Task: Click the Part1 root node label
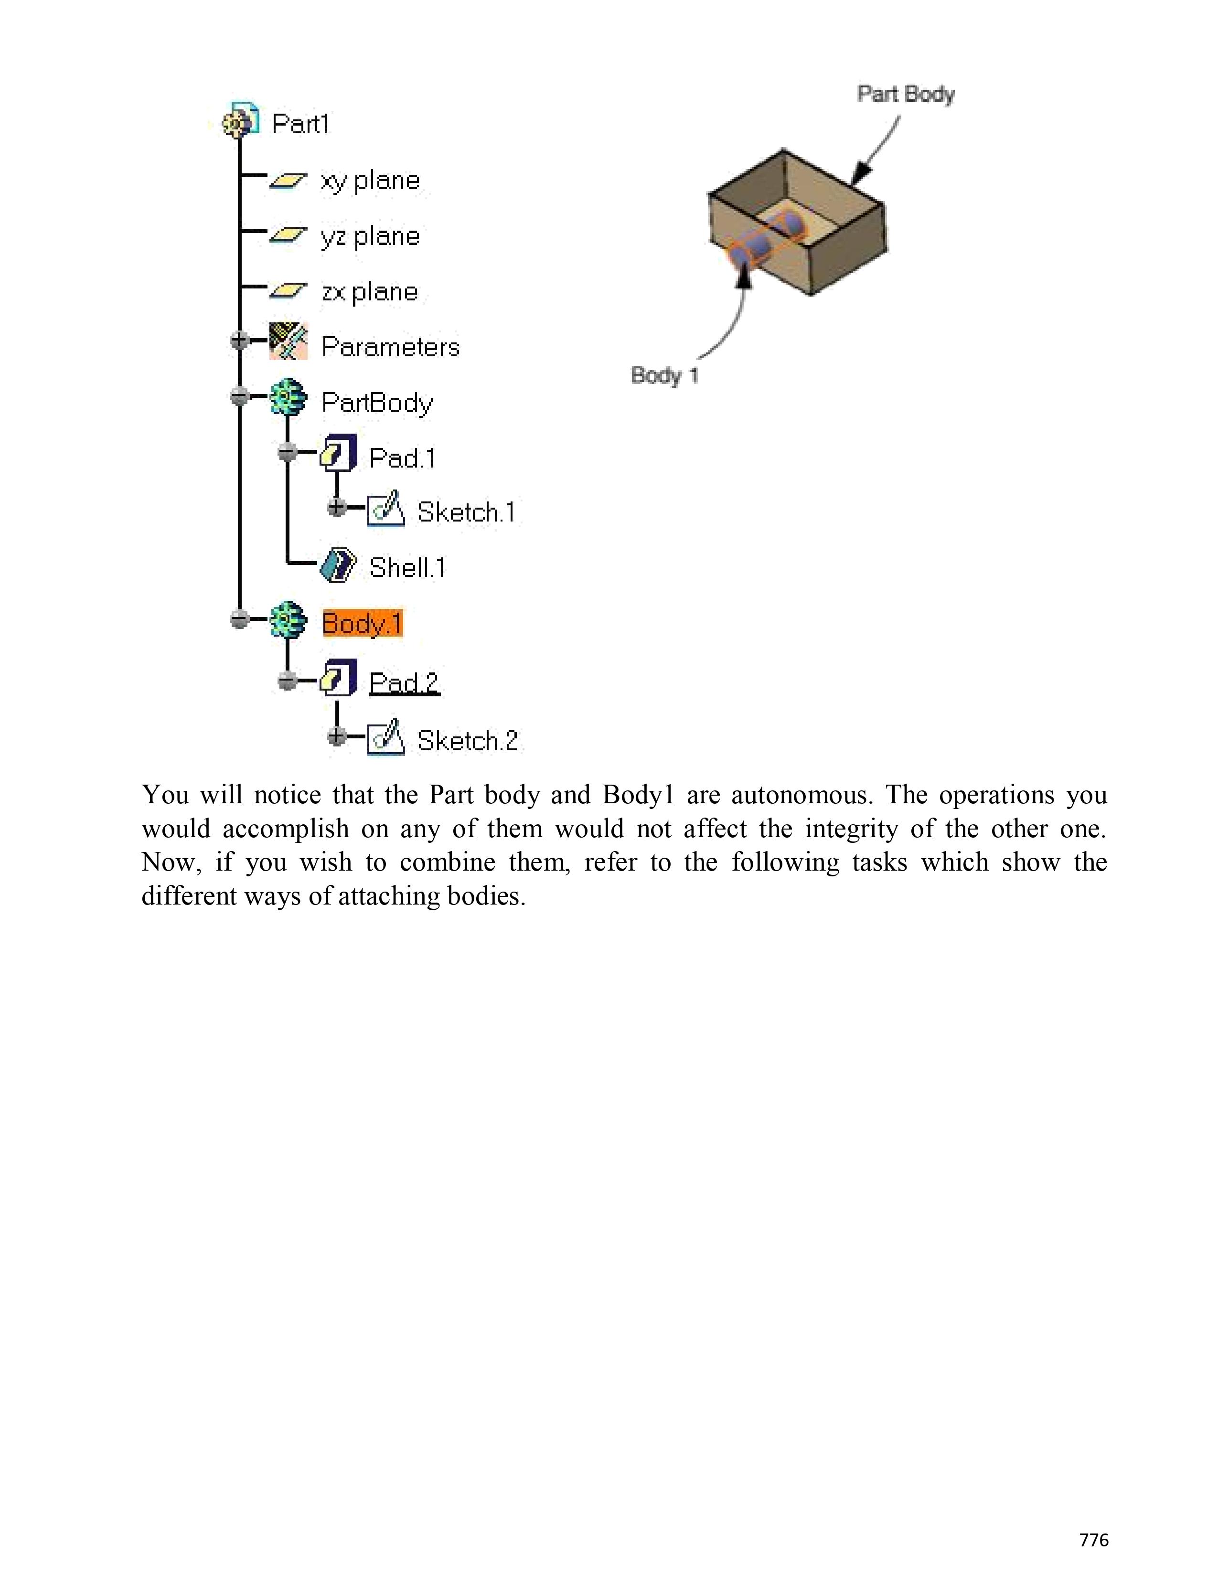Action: (300, 124)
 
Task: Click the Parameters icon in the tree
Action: (288, 341)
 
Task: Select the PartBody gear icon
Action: (288, 398)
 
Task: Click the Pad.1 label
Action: (402, 458)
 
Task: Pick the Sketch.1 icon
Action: (386, 510)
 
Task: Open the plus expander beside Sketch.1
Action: (336, 507)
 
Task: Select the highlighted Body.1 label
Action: (362, 623)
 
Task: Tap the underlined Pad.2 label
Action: (403, 682)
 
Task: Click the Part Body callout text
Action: (906, 95)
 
